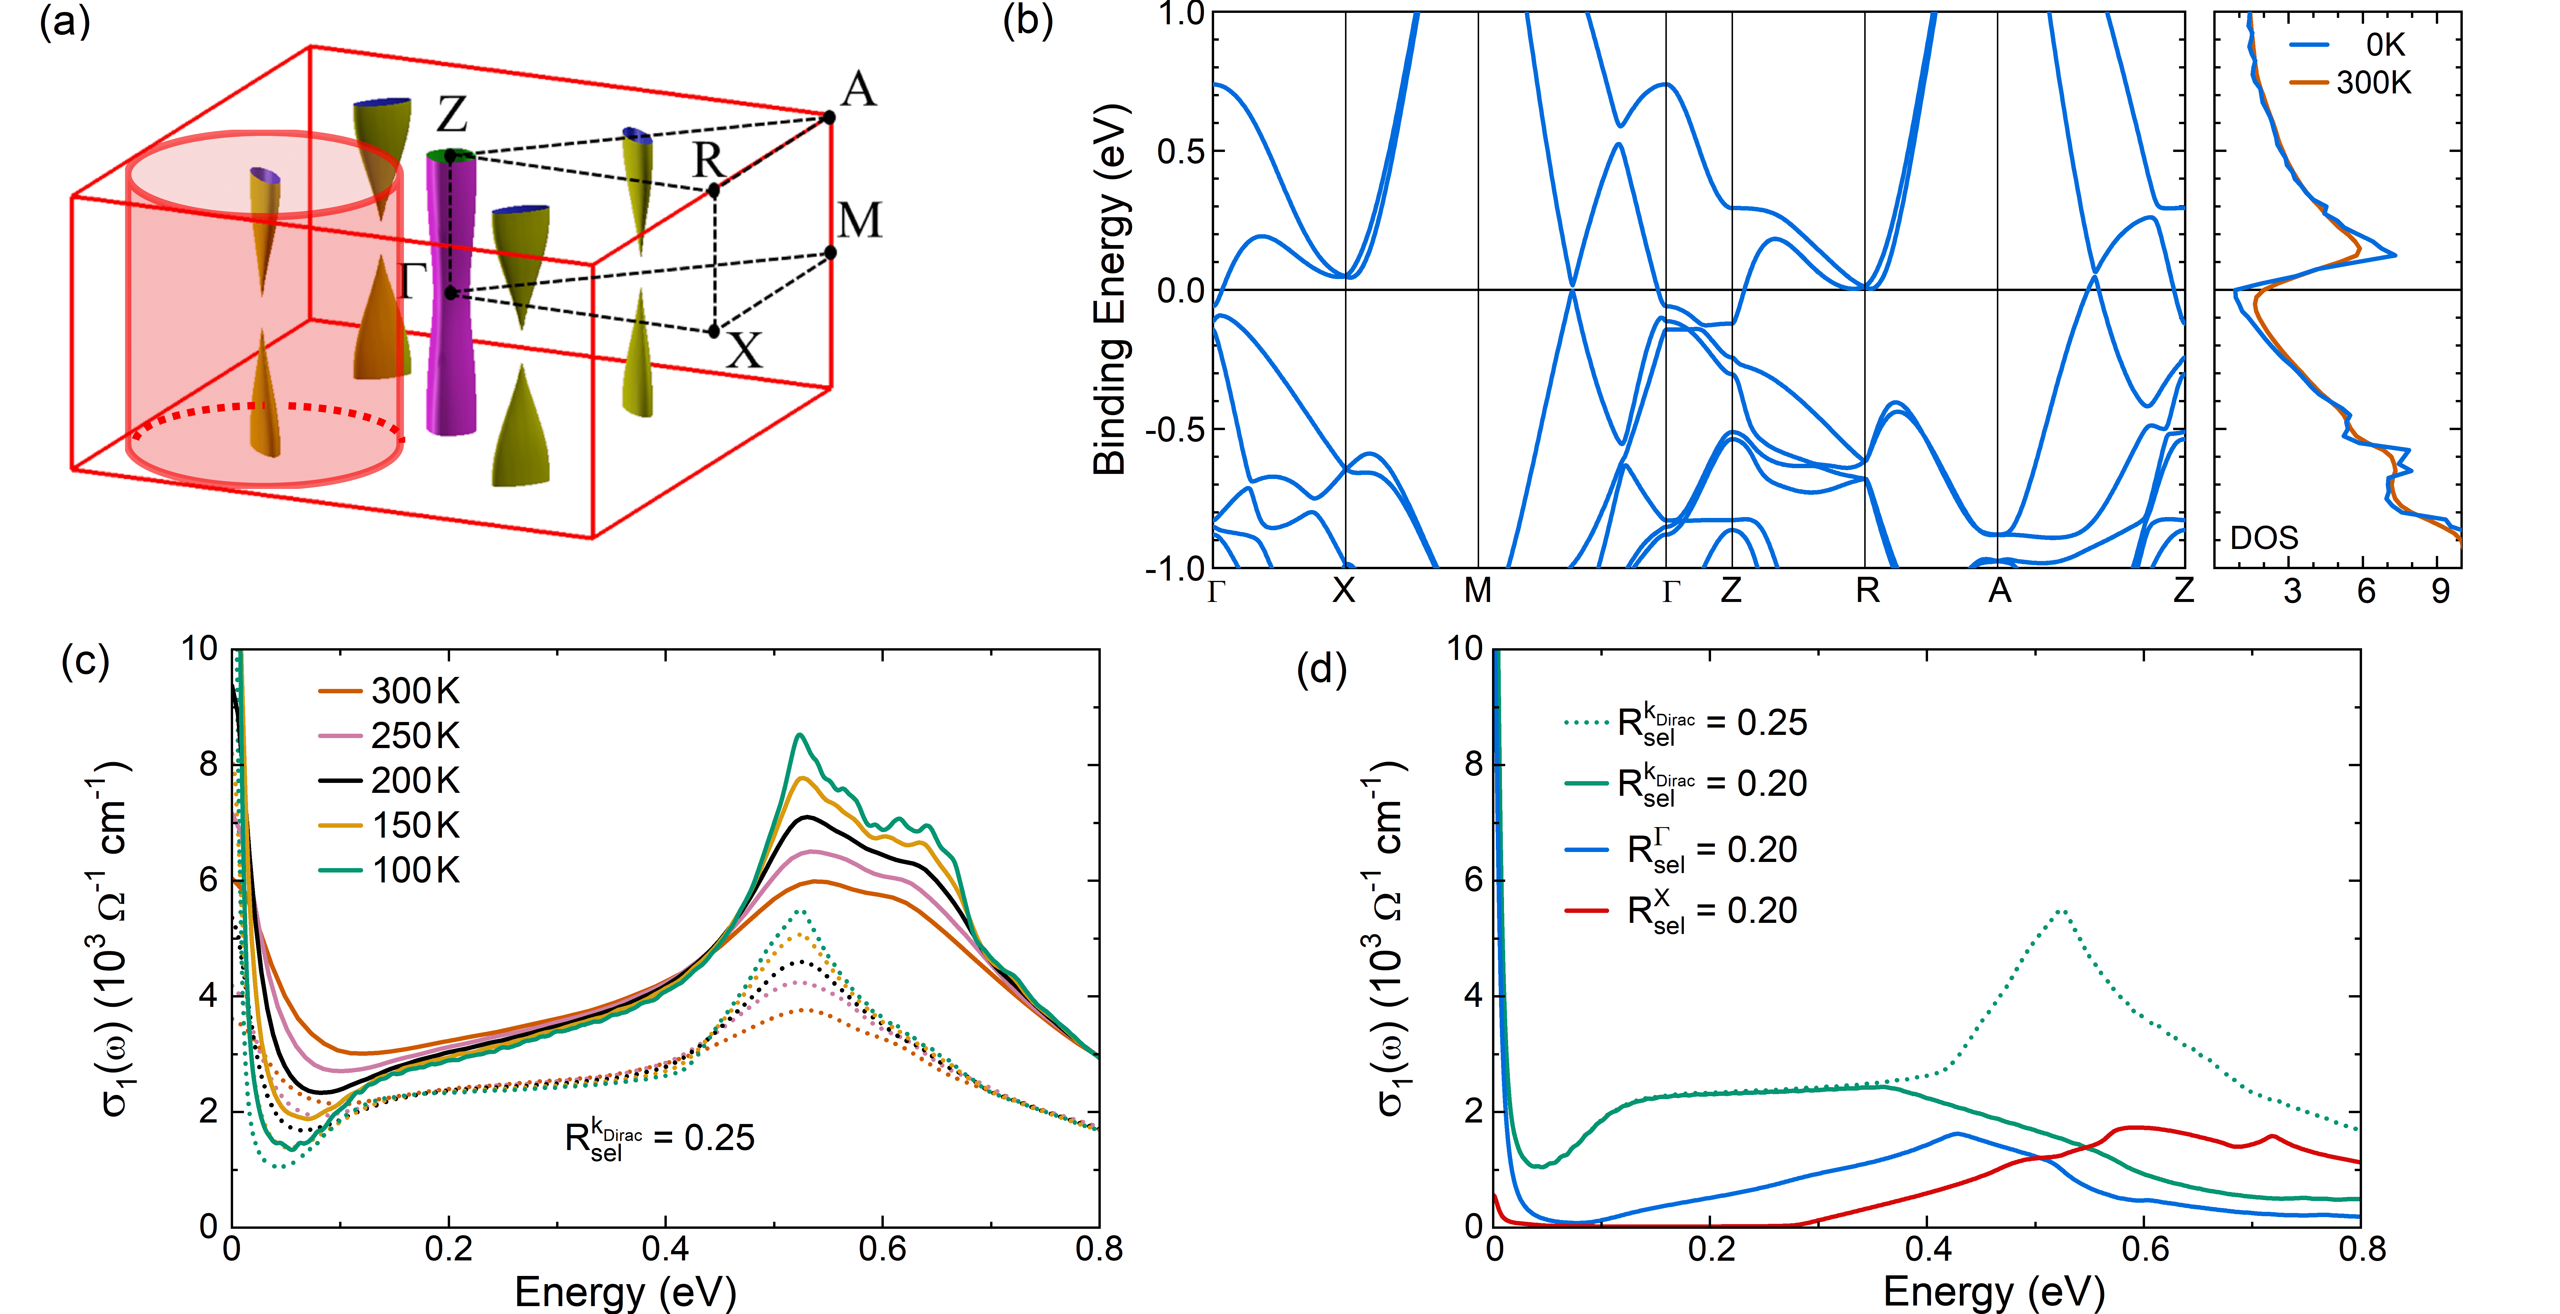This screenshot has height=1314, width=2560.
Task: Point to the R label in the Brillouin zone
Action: point(709,159)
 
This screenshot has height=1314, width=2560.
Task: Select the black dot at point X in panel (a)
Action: point(714,331)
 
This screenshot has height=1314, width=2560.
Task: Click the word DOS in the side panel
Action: point(2264,538)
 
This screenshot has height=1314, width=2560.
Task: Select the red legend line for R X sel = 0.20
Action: point(1586,911)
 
